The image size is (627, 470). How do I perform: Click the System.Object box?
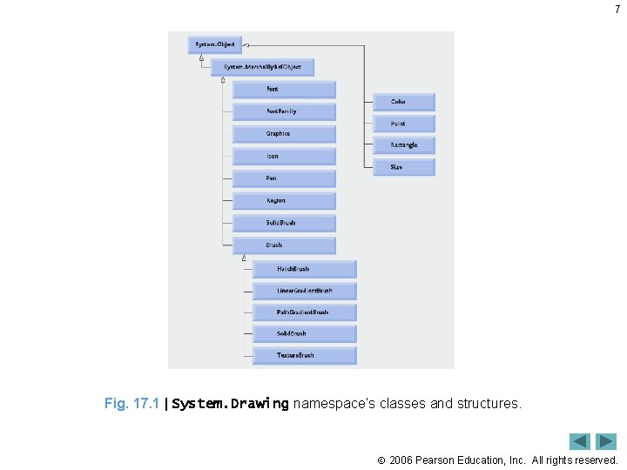click(x=214, y=44)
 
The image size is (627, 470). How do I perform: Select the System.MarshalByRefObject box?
click(x=262, y=67)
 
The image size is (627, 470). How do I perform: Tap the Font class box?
click(x=284, y=90)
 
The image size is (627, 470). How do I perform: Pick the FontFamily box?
click(x=284, y=111)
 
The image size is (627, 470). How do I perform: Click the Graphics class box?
click(x=284, y=134)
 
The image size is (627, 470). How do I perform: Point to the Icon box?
click(x=284, y=157)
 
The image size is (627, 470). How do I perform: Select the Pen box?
click(x=284, y=178)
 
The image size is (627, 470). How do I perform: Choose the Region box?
click(x=284, y=201)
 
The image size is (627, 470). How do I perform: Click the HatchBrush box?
click(x=305, y=269)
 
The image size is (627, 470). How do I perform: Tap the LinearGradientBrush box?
click(x=305, y=291)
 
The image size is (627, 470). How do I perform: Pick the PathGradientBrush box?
click(x=305, y=312)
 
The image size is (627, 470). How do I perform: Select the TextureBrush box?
click(x=305, y=355)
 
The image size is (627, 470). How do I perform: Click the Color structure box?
click(x=404, y=102)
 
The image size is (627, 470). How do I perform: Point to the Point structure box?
click(x=404, y=124)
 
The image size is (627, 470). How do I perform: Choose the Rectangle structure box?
click(x=404, y=145)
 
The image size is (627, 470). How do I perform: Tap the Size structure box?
click(x=404, y=167)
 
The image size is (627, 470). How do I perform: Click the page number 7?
click(x=617, y=10)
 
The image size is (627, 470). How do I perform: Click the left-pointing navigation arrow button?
click(x=580, y=441)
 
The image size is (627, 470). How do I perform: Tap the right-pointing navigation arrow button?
click(x=606, y=441)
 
